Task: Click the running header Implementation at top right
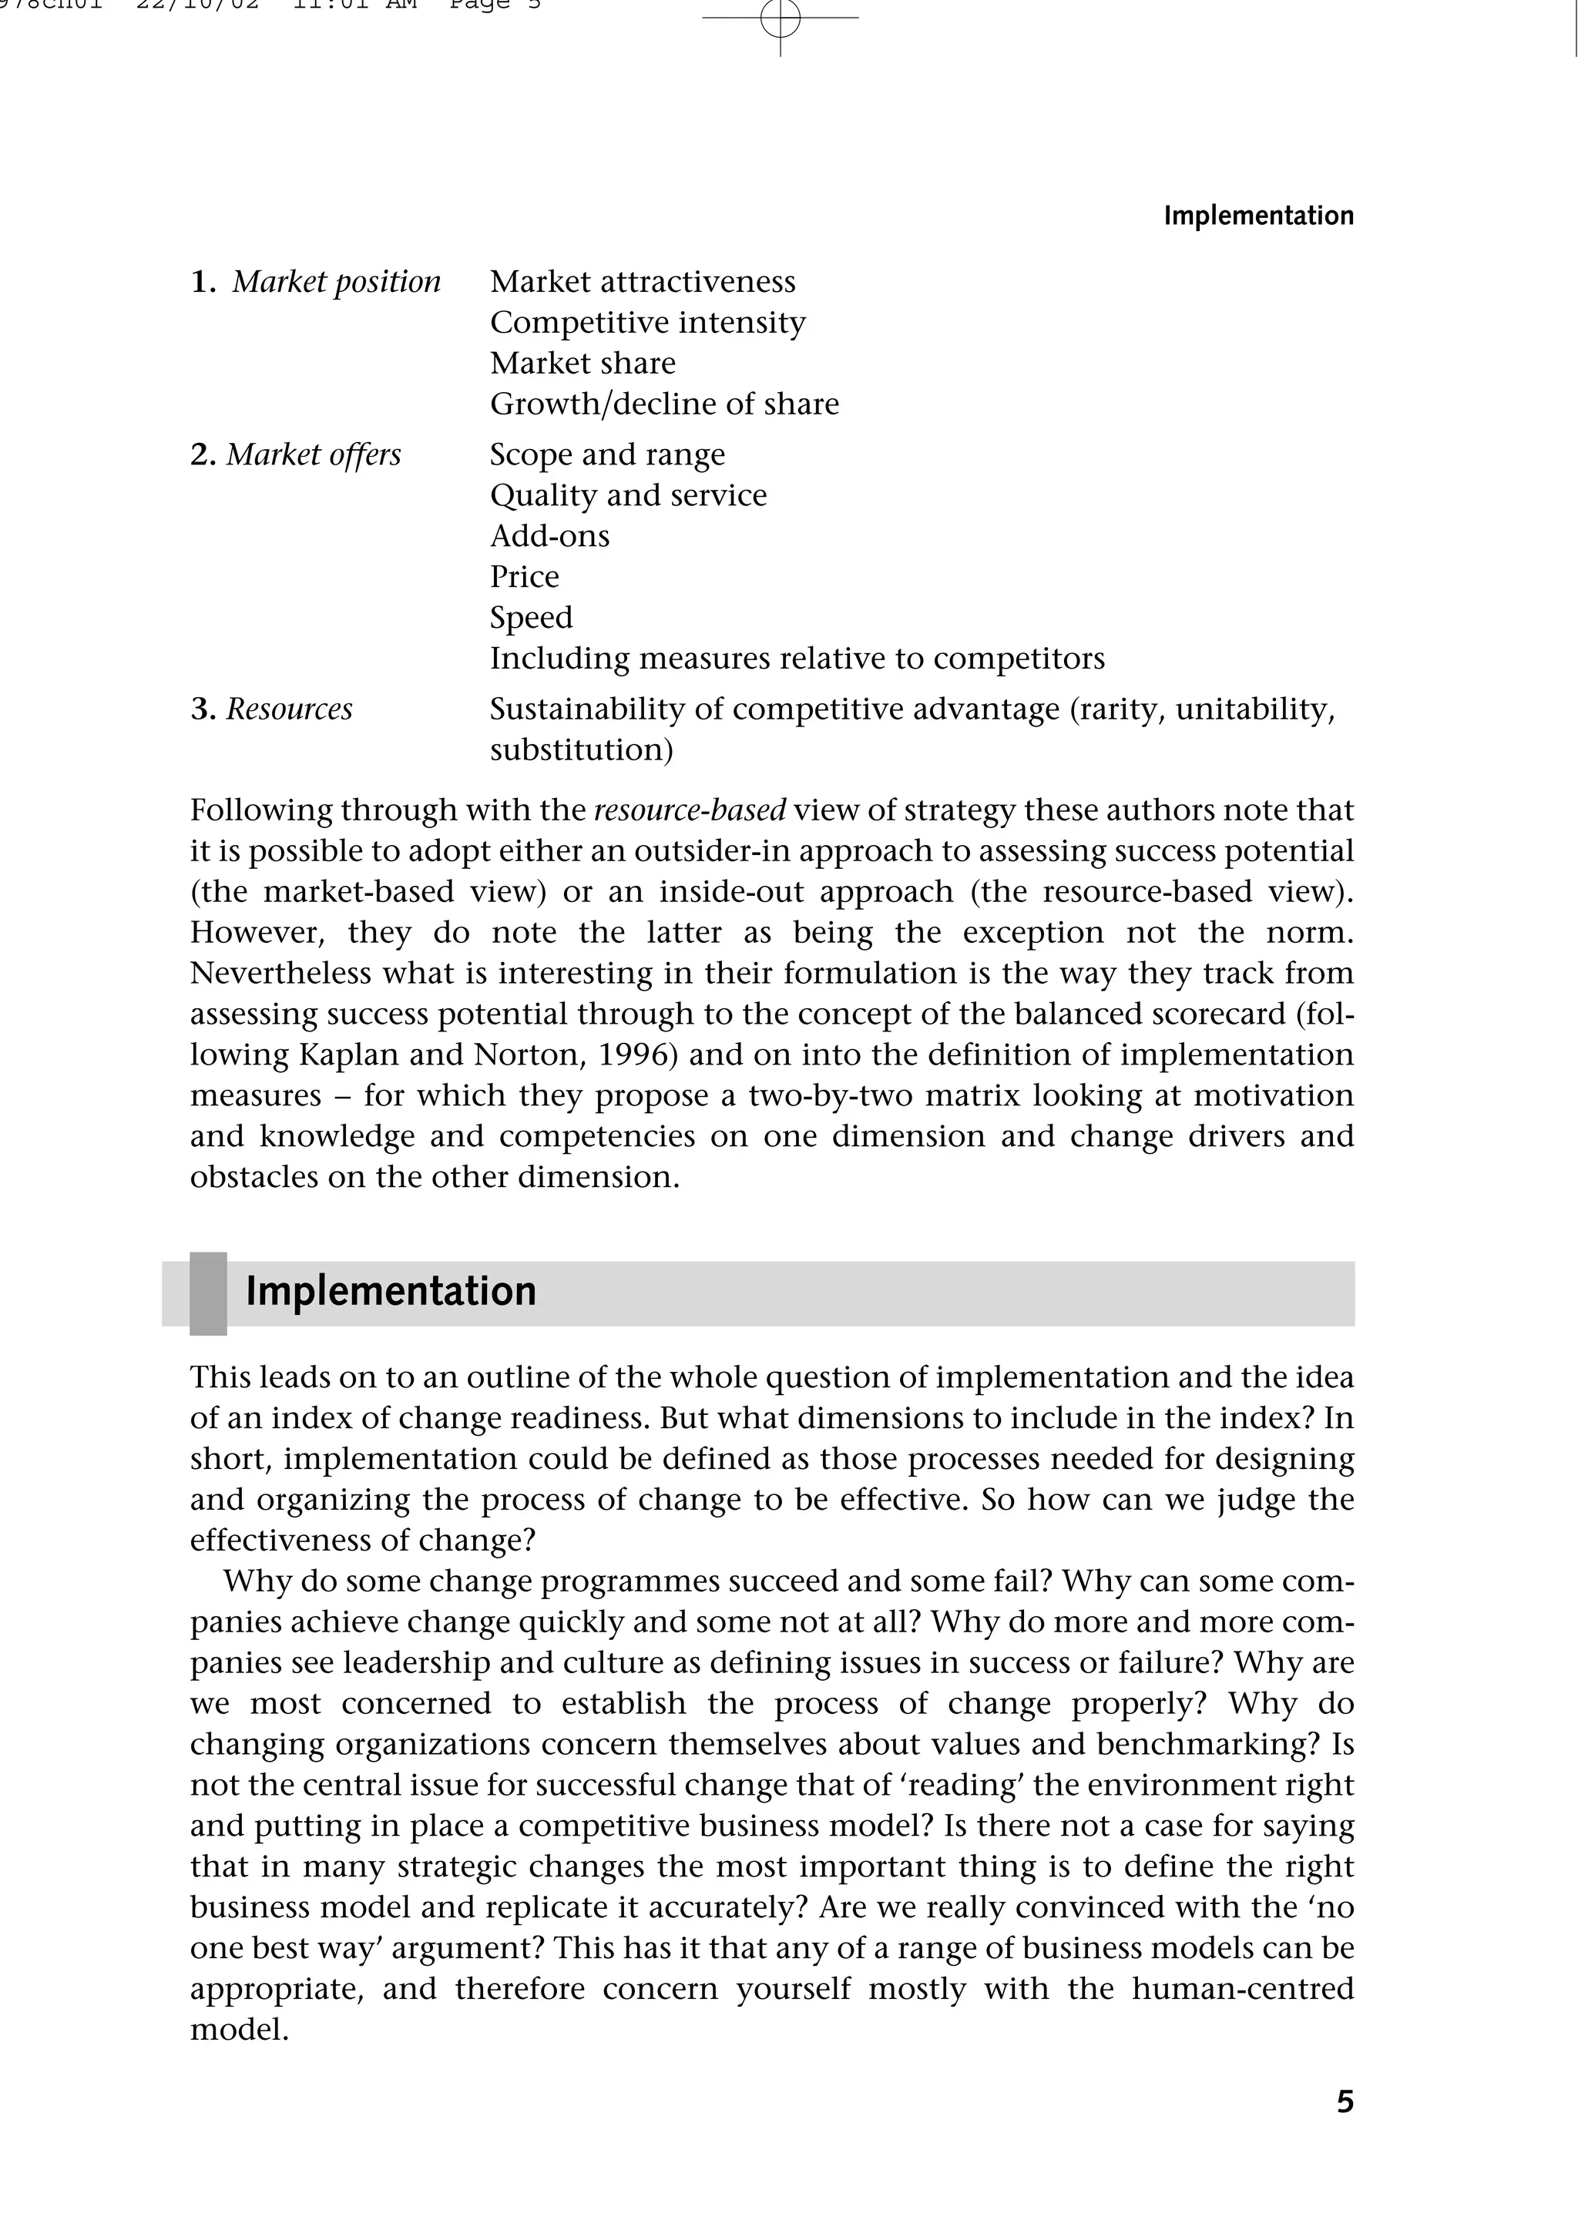pos(1257,216)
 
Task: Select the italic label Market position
pos(336,282)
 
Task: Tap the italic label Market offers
pos(313,454)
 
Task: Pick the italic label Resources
pos(289,709)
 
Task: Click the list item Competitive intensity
pos(647,323)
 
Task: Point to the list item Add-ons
pos(549,536)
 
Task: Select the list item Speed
pos(531,618)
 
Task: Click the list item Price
pos(524,577)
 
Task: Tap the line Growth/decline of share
pos(663,404)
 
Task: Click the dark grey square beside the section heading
pos(208,1293)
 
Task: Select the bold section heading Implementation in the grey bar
pos(391,1292)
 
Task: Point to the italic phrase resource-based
pos(689,810)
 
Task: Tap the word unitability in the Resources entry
pos(1254,709)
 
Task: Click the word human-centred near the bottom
pos(1242,1989)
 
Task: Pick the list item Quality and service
pos(628,495)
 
